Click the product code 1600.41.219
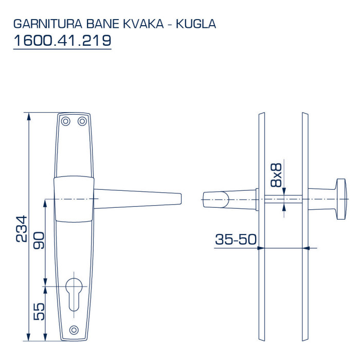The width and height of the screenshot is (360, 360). [62, 41]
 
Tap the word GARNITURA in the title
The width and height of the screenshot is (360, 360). [48, 24]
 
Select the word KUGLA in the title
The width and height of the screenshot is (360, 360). [196, 24]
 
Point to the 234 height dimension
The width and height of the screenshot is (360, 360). [22, 229]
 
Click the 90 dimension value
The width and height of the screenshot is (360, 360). [39, 240]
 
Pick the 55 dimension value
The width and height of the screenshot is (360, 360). [39, 312]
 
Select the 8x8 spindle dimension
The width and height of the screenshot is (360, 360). [276, 175]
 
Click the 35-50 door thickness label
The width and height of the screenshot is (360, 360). [236, 239]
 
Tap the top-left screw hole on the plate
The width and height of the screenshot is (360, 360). [66, 121]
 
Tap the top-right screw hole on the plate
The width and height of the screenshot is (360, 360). [82, 121]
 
